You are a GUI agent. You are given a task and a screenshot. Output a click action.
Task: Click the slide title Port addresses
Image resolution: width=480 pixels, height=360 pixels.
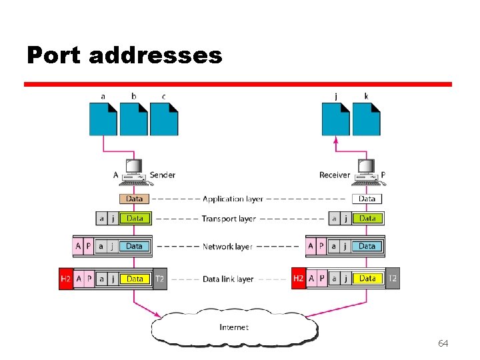coord(124,55)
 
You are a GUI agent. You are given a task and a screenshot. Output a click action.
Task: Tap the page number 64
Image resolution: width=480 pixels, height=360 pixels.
coord(443,343)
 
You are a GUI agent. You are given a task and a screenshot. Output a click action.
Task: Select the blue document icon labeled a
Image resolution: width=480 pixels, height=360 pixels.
coord(103,120)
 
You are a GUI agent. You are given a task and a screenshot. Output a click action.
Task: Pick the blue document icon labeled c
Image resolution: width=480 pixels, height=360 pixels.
coord(164,120)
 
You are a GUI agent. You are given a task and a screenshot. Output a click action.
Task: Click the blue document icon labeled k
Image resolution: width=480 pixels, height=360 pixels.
coord(366,120)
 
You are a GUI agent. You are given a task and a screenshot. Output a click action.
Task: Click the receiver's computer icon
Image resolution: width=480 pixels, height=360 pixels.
coord(366,171)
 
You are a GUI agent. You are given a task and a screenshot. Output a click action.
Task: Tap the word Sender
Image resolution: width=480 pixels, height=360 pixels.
coord(163,175)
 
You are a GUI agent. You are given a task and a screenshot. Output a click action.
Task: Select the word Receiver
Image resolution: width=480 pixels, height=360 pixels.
coord(335,175)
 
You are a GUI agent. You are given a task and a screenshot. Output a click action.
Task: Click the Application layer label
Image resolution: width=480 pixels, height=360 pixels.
coord(233,199)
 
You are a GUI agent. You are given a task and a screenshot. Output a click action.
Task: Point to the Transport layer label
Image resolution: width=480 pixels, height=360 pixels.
coord(229,219)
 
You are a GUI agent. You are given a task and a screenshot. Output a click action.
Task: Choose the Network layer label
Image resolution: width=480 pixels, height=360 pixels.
coord(227,247)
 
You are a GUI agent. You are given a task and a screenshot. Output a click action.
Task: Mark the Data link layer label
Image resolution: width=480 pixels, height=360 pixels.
coord(228,279)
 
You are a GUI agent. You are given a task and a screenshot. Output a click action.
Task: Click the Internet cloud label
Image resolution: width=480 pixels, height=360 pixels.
coord(234,327)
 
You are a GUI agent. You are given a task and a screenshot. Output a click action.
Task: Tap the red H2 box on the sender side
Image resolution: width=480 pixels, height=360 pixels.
coord(65,279)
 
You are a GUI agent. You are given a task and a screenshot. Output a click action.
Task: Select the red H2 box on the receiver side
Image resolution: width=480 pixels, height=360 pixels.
coord(299,278)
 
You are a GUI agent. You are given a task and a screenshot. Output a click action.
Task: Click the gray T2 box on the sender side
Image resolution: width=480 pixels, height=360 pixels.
coord(159,279)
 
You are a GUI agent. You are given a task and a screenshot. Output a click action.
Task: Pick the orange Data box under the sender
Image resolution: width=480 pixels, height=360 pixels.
coord(134,199)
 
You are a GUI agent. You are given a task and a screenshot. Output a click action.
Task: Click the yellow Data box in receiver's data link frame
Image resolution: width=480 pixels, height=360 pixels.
coord(367,278)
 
